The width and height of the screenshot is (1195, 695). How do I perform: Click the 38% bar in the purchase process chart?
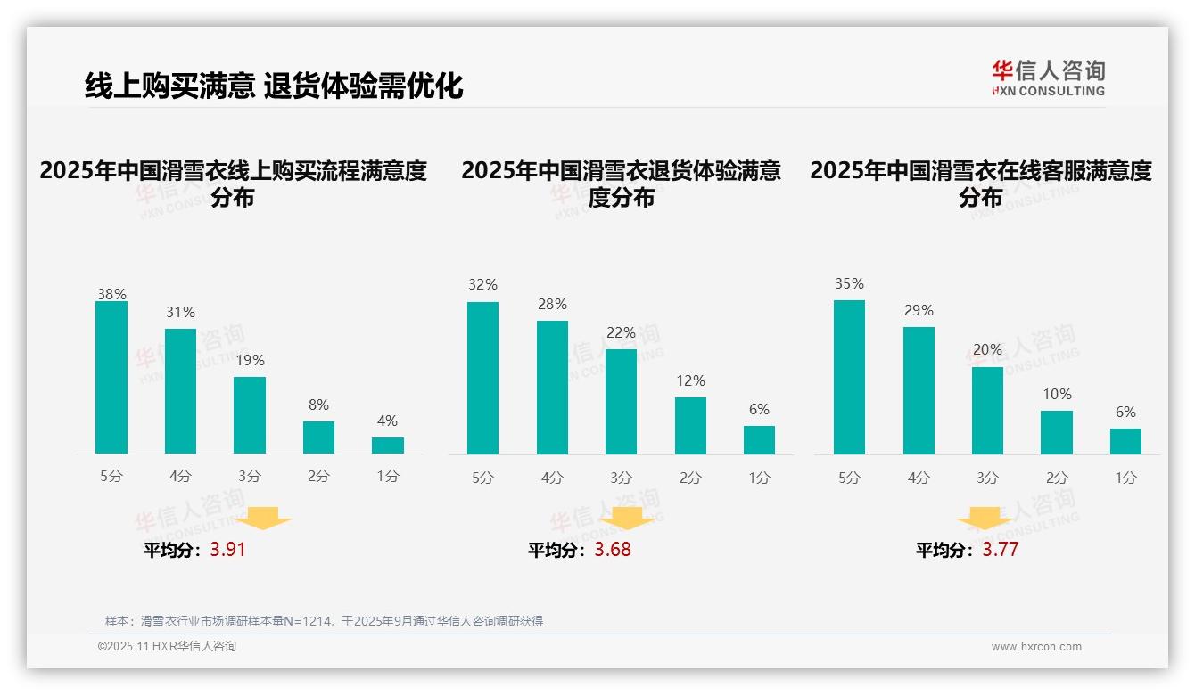pyautogui.click(x=111, y=378)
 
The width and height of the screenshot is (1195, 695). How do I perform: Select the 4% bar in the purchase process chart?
pyautogui.click(x=388, y=446)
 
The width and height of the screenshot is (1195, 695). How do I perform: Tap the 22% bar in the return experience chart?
pyautogui.click(x=622, y=402)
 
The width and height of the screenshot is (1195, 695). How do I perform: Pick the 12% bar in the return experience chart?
pyautogui.click(x=690, y=426)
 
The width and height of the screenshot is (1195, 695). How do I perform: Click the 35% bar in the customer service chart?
pyautogui.click(x=849, y=377)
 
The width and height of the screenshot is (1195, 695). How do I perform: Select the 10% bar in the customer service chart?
pyautogui.click(x=1057, y=432)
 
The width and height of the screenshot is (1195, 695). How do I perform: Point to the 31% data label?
pyautogui.click(x=180, y=313)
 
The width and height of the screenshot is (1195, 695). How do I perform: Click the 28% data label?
pyautogui.click(x=552, y=305)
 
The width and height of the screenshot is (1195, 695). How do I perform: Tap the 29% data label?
pyautogui.click(x=919, y=311)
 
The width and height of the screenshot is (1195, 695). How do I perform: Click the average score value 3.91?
pyautogui.click(x=227, y=550)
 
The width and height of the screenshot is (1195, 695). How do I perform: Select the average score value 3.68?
pyautogui.click(x=613, y=550)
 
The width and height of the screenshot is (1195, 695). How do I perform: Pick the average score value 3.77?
pyautogui.click(x=1001, y=550)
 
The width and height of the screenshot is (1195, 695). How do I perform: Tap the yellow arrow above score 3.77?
pyautogui.click(x=985, y=518)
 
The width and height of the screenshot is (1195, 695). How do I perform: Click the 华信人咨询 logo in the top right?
pyautogui.click(x=1048, y=78)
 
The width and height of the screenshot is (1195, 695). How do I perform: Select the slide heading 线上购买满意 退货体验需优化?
pyautogui.click(x=274, y=86)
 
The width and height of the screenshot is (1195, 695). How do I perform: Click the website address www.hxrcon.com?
pyautogui.click(x=1036, y=647)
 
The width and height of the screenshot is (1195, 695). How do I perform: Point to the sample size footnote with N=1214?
pyautogui.click(x=324, y=621)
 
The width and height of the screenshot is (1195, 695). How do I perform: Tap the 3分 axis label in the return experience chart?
pyautogui.click(x=622, y=478)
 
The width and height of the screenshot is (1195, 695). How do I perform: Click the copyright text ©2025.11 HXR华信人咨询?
pyautogui.click(x=167, y=647)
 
